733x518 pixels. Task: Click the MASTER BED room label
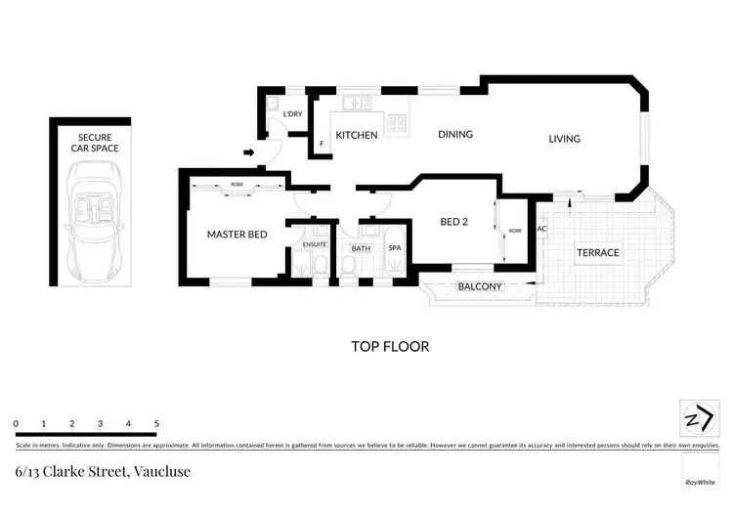[237, 235]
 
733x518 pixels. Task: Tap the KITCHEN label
[357, 135]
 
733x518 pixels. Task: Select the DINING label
[455, 135]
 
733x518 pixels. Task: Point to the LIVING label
[564, 139]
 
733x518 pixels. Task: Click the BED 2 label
[454, 222]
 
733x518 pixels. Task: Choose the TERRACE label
[597, 252]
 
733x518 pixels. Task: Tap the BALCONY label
[480, 286]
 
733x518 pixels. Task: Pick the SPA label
[395, 248]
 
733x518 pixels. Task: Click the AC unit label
[541, 230]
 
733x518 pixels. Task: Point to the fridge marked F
[321, 145]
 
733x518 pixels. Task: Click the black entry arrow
[249, 152]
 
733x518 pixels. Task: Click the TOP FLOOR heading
[390, 346]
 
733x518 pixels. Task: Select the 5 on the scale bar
[156, 423]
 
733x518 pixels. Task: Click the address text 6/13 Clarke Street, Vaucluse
[103, 472]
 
